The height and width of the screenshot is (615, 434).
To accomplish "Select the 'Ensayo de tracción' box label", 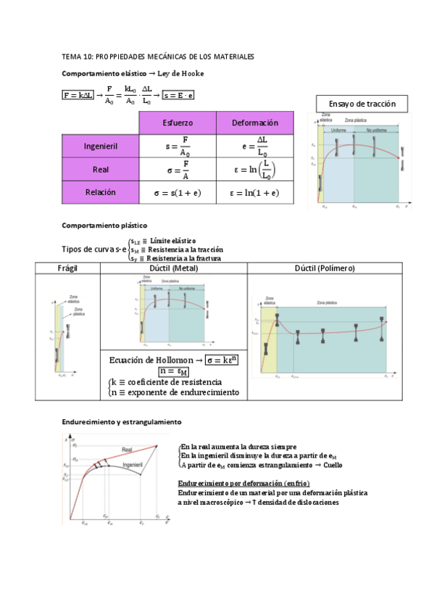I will (362, 104).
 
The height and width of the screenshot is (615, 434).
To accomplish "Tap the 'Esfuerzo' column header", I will (177, 123).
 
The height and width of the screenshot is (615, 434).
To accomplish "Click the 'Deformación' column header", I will (255, 123).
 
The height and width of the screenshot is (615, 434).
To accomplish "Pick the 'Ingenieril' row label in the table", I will (101, 146).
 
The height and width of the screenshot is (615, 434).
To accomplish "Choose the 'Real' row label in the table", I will (101, 170).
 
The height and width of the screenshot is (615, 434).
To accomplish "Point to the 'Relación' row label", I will (101, 193).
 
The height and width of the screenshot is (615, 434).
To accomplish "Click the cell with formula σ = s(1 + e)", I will (177, 194).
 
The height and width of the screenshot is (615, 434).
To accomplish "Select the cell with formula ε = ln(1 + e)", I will (255, 194).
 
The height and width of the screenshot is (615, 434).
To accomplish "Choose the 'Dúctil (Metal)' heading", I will (172, 268).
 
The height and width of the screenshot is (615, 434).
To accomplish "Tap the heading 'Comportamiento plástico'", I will (105, 226).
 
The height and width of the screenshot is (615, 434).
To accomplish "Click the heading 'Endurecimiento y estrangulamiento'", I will (122, 421).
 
